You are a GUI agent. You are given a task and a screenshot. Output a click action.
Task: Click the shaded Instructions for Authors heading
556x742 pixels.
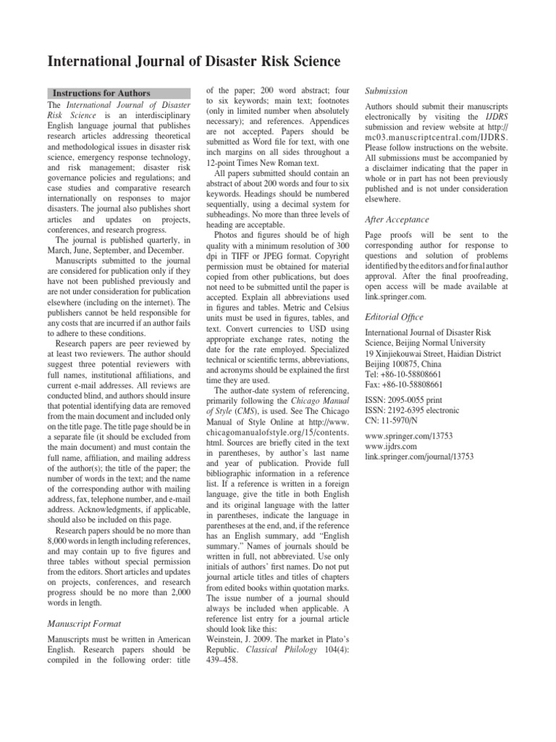[101, 93]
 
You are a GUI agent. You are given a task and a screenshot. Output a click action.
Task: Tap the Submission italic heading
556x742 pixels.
[387, 91]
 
